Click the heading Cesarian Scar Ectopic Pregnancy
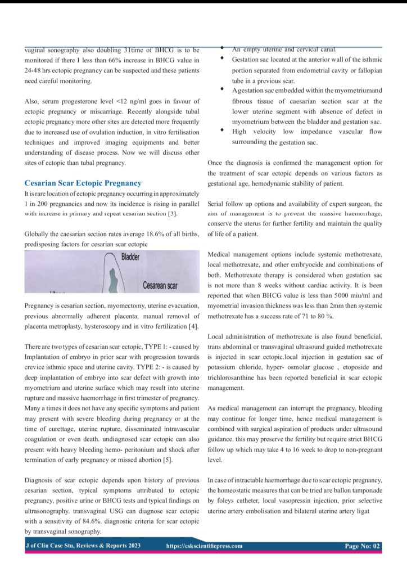(83, 183)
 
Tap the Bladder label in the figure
(130, 257)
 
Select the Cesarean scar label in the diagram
(160, 286)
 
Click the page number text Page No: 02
(363, 546)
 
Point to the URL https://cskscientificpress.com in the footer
(205, 546)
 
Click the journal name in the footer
(83, 546)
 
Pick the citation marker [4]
(193, 326)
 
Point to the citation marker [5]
(169, 460)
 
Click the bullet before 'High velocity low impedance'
(223, 130)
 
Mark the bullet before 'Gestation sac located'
(223, 59)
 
